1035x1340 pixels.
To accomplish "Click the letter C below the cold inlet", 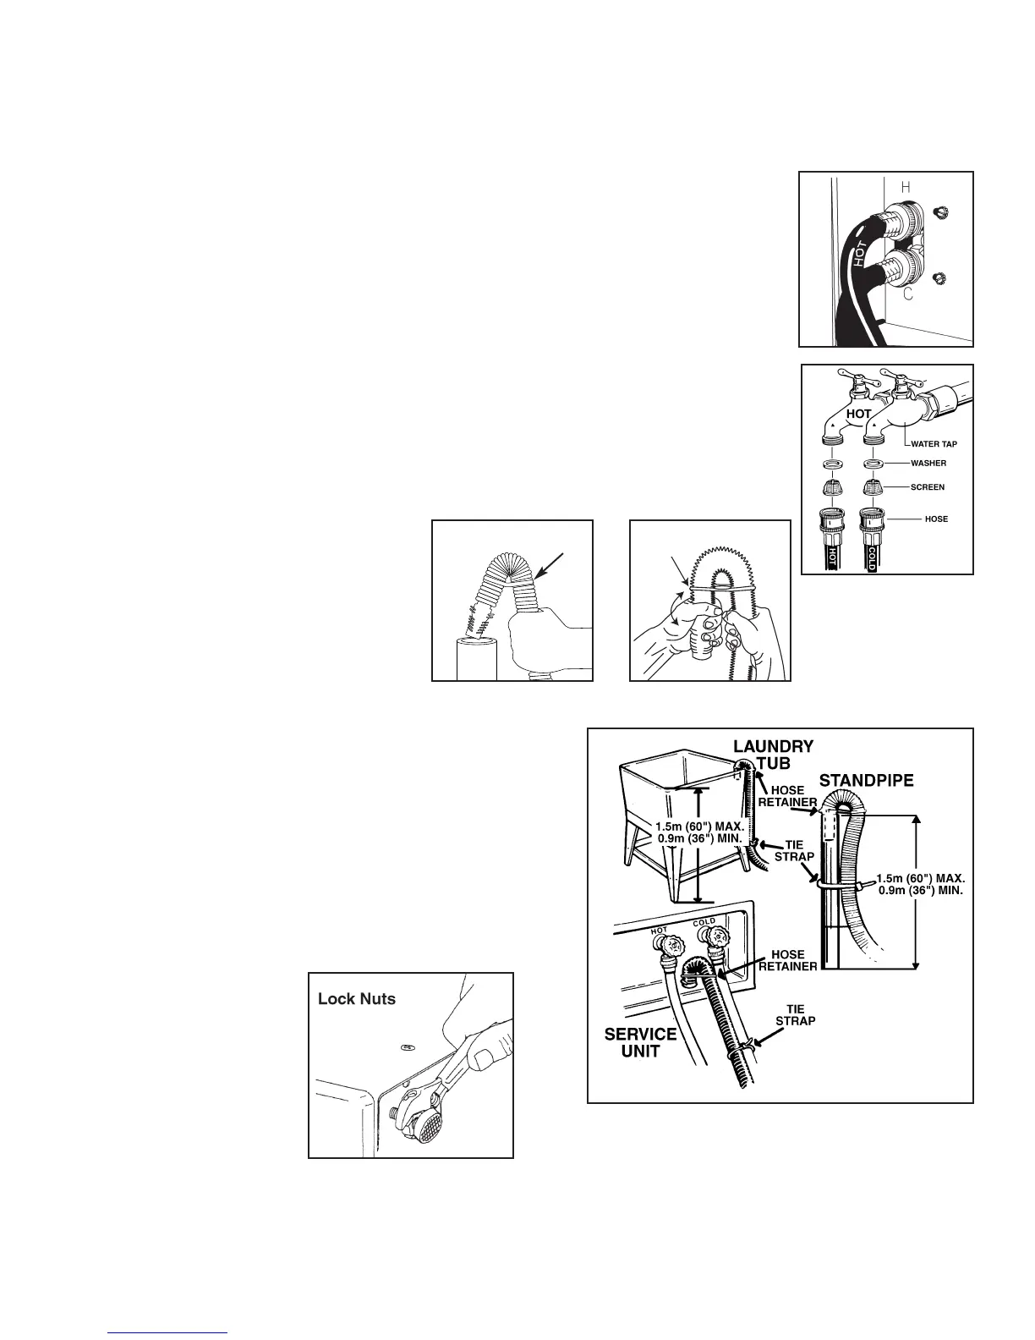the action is pyautogui.click(x=907, y=295).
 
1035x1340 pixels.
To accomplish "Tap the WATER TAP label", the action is pyautogui.click(x=934, y=443).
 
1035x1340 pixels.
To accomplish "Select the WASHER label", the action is pyautogui.click(x=928, y=464).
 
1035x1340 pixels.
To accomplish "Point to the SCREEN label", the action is pyautogui.click(x=927, y=487).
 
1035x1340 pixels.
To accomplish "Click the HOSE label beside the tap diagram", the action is pyautogui.click(x=936, y=519).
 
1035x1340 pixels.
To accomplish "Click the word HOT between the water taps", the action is pyautogui.click(x=858, y=415).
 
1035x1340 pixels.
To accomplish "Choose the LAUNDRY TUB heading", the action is pyautogui.click(x=773, y=754).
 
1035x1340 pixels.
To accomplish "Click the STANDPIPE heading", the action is pyautogui.click(x=868, y=780).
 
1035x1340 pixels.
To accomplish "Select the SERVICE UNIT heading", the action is pyautogui.click(x=640, y=1043).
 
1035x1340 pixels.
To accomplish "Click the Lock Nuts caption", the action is pyautogui.click(x=356, y=999).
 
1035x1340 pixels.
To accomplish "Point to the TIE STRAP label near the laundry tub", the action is pyautogui.click(x=794, y=851).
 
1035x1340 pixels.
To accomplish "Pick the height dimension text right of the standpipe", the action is pyautogui.click(x=920, y=884).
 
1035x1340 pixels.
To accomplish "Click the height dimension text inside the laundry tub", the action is pyautogui.click(x=699, y=832).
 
